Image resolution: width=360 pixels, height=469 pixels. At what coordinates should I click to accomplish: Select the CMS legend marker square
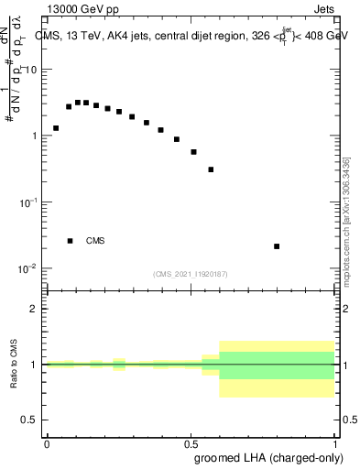(x=70, y=241)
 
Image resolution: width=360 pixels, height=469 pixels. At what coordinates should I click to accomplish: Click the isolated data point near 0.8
(x=277, y=246)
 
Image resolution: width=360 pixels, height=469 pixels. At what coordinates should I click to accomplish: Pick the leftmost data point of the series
(x=56, y=128)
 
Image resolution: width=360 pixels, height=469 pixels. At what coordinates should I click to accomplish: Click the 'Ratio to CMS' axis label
(x=13, y=365)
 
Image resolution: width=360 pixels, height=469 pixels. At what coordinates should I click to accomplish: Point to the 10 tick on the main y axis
(x=31, y=71)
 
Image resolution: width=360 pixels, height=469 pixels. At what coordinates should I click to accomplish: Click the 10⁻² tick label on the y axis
(x=28, y=268)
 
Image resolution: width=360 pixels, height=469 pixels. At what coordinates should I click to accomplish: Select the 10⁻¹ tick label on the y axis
(x=28, y=202)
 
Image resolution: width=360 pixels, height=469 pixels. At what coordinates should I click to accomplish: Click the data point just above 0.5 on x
(x=193, y=152)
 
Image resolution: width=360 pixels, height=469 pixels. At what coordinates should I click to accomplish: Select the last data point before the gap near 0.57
(x=211, y=169)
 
